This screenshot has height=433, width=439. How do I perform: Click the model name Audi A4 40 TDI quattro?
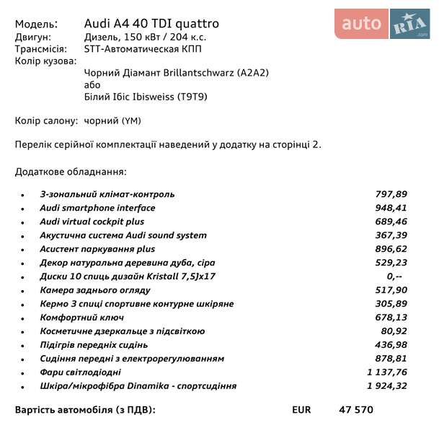click(x=151, y=24)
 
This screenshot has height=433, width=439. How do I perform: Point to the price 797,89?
click(x=391, y=194)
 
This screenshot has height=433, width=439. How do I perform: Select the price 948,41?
click(x=391, y=208)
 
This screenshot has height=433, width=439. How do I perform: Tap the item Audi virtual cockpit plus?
click(x=92, y=222)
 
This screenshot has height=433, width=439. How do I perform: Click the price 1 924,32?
click(x=387, y=386)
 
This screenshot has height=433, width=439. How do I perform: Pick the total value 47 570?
click(x=356, y=410)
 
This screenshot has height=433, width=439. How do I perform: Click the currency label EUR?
click(x=301, y=410)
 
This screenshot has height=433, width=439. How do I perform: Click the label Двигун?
click(x=33, y=37)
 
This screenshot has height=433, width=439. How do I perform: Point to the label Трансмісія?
click(x=40, y=49)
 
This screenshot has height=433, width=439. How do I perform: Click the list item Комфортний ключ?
click(x=82, y=318)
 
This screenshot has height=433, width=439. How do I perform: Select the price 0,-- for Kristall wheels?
click(x=394, y=276)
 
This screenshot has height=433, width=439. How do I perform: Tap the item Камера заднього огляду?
click(x=95, y=290)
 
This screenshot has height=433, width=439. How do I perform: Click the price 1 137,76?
click(x=387, y=372)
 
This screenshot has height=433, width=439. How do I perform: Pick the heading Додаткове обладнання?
click(x=71, y=172)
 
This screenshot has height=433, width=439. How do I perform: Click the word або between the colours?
click(x=92, y=85)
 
